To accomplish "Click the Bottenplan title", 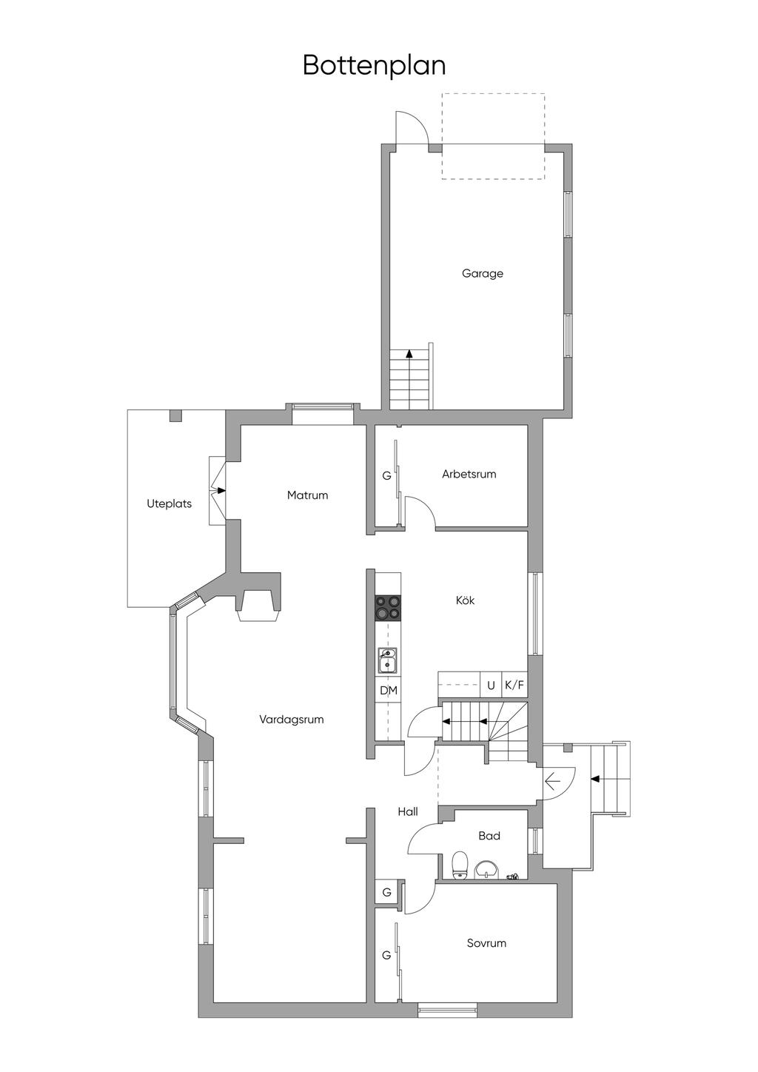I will pyautogui.click(x=374, y=65).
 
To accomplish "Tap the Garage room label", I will pyautogui.click(x=483, y=273).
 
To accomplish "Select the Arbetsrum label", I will pyautogui.click(x=469, y=474).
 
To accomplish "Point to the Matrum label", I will pyautogui.click(x=307, y=495).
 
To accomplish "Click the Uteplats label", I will pyautogui.click(x=169, y=503).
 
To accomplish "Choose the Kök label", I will pyautogui.click(x=465, y=600).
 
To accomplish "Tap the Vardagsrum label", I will pyautogui.click(x=292, y=719).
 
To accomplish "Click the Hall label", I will pyautogui.click(x=408, y=811).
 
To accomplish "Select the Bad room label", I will pyautogui.click(x=489, y=836).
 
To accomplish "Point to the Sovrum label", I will pyautogui.click(x=486, y=943).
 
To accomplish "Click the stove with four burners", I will pyautogui.click(x=388, y=608).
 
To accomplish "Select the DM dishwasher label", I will pyautogui.click(x=389, y=691).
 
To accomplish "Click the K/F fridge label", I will pyautogui.click(x=514, y=686).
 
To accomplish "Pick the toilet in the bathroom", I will pyautogui.click(x=460, y=865).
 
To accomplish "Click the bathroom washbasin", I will pyautogui.click(x=486, y=868).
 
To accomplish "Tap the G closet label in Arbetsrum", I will pyautogui.click(x=386, y=476).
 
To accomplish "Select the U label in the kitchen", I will pyautogui.click(x=491, y=686).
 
